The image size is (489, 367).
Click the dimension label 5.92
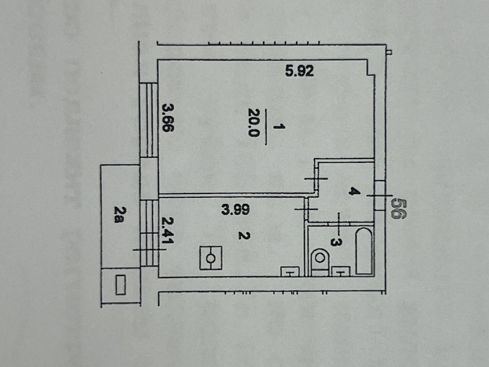tap(300, 71)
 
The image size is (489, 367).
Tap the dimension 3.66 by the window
tap(168, 118)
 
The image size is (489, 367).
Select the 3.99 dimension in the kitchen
tap(235, 210)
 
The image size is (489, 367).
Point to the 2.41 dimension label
tap(168, 230)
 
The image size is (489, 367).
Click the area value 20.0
tap(254, 123)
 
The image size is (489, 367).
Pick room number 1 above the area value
tap(279, 127)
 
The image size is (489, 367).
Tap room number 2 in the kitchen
tap(244, 235)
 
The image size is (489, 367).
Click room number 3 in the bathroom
tap(336, 242)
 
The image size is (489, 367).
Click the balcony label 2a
tap(120, 215)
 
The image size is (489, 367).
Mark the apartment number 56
tap(399, 209)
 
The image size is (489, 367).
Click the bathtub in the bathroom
tap(364, 251)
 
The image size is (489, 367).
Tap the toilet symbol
tap(320, 262)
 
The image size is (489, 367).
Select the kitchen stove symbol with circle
tap(211, 258)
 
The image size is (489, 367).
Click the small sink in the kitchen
tap(290, 272)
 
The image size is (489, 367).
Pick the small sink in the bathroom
tap(341, 271)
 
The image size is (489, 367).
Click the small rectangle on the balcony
tap(121, 285)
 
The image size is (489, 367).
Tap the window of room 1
tap(149, 120)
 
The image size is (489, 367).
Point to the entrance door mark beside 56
tap(380, 196)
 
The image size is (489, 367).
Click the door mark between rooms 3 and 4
tap(339, 224)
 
